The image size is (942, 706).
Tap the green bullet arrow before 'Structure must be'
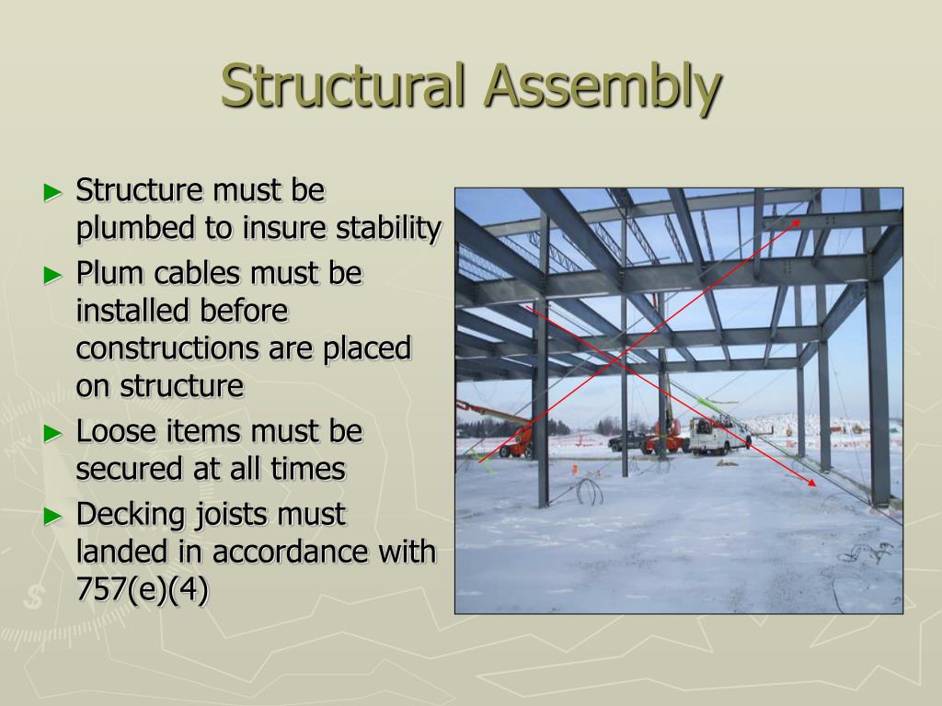click(53, 192)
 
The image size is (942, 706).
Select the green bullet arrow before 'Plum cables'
click(53, 274)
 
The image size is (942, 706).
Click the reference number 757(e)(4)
click(143, 589)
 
